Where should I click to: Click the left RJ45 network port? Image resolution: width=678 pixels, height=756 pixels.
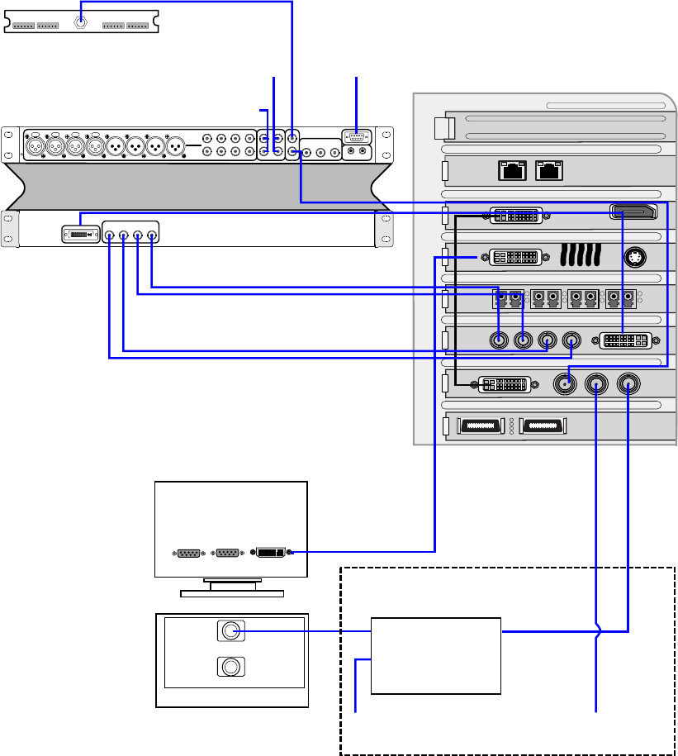pyautogui.click(x=514, y=171)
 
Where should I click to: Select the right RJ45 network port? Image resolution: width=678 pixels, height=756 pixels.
pyautogui.click(x=549, y=171)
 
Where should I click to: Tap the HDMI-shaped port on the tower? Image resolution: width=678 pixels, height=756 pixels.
pyautogui.click(x=634, y=212)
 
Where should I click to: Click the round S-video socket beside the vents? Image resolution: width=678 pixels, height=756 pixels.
pyautogui.click(x=635, y=256)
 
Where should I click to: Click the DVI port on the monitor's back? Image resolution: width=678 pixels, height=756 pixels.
pyautogui.click(x=270, y=552)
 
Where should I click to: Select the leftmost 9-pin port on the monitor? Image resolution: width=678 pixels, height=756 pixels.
pyautogui.click(x=190, y=552)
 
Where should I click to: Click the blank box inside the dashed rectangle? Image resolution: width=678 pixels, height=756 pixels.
pyautogui.click(x=436, y=655)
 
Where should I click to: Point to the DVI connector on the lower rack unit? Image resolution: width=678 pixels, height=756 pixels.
pyautogui.click(x=79, y=235)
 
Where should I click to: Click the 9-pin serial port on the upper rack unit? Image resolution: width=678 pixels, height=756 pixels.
pyautogui.click(x=357, y=138)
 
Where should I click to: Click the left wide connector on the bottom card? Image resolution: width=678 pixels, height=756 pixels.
pyautogui.click(x=480, y=426)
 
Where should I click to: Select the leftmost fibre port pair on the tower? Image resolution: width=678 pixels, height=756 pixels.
pyautogui.click(x=508, y=298)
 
